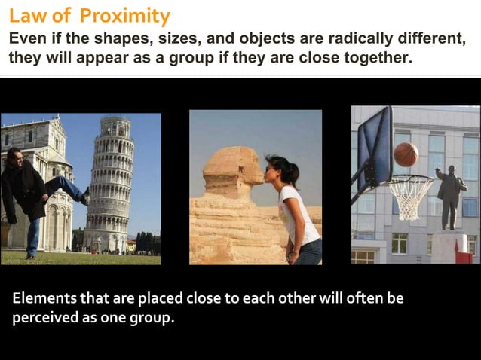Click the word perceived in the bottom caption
(x=45, y=318)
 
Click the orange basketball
(x=406, y=154)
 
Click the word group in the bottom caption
(x=152, y=318)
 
